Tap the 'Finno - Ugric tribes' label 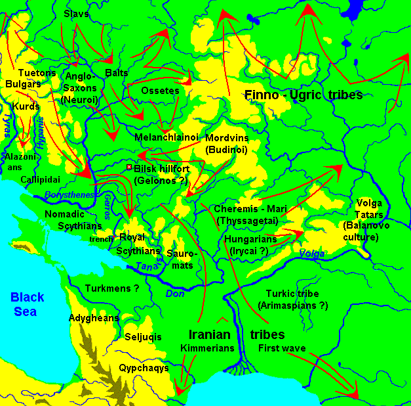coord(303,95)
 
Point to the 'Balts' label coord(116,72)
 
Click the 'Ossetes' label coord(160,91)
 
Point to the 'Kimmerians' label coord(207,348)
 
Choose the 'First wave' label coord(282,348)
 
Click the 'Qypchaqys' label coord(144,368)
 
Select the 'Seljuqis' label coord(143,337)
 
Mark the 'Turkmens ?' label coord(113,288)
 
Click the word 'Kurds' coord(26,106)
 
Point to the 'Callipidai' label coord(40,179)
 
